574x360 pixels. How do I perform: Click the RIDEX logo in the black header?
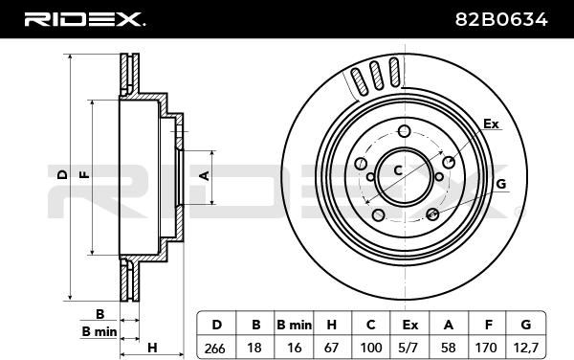point(84,19)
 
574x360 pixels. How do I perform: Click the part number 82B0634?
point(501,19)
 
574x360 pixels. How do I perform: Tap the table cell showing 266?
point(215,348)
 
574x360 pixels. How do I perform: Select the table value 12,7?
point(525,348)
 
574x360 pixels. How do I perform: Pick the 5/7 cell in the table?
point(409,348)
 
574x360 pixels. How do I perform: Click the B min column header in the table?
point(294,325)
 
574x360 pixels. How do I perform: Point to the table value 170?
point(486,348)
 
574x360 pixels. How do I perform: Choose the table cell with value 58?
point(448,348)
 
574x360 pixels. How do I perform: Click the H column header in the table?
point(331,325)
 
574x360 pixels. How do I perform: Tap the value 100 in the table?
point(371,348)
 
